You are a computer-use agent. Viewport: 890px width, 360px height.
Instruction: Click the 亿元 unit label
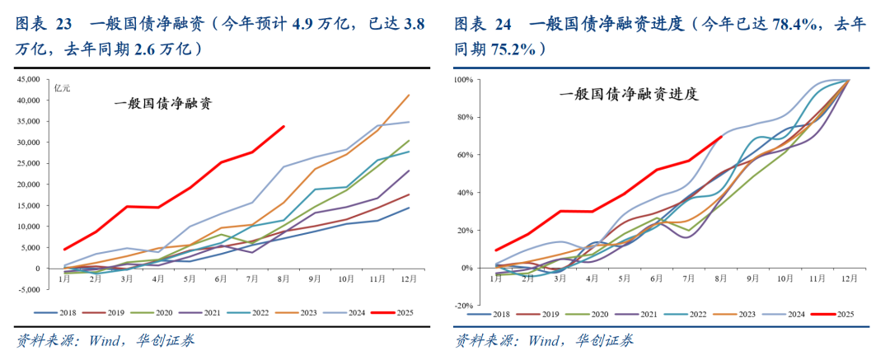63,87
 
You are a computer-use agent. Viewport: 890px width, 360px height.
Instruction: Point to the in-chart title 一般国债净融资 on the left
163,105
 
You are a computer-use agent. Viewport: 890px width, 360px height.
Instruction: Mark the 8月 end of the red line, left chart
283,126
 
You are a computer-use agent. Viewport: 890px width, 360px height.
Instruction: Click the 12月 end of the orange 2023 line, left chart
410,95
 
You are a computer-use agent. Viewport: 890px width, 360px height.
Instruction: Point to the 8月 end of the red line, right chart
722,137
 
